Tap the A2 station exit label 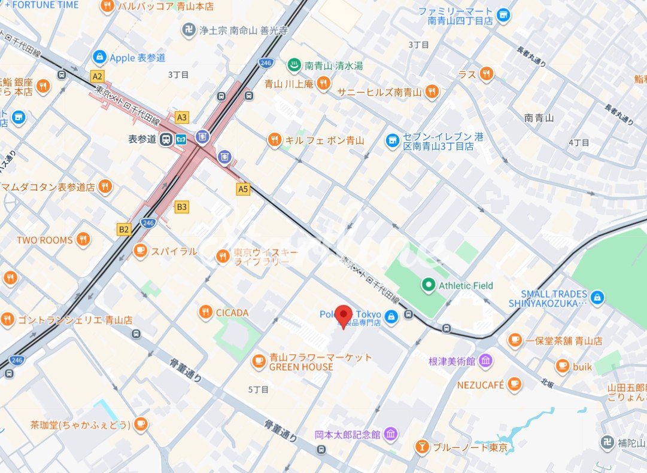tap(97, 76)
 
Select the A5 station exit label tap(242, 189)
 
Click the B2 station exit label tap(124, 229)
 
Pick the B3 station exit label tap(181, 207)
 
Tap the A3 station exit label tap(182, 117)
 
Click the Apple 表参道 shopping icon tap(99, 57)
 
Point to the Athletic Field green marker tap(428, 285)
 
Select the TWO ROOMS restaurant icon tap(83, 240)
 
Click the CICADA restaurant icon tap(206, 312)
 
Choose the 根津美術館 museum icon tap(485, 361)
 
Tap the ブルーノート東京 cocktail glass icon tap(422, 447)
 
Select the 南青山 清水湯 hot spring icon tap(294, 65)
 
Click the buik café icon tap(562, 366)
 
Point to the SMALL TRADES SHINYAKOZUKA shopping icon tap(597, 297)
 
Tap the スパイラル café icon tap(141, 251)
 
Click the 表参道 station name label tap(142, 139)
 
